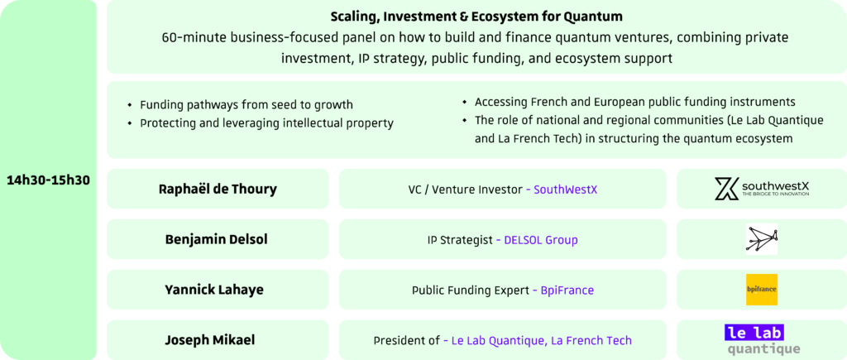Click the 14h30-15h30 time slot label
click(x=48, y=180)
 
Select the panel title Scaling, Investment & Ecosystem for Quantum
click(x=476, y=17)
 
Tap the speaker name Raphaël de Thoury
click(x=218, y=190)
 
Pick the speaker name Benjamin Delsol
click(x=216, y=239)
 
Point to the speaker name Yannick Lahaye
click(x=214, y=290)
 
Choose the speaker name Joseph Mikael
click(x=210, y=340)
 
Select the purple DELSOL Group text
click(x=541, y=240)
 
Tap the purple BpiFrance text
click(x=567, y=290)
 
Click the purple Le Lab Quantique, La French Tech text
click(x=541, y=341)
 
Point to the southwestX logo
click(x=762, y=189)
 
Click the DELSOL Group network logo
click(x=762, y=239)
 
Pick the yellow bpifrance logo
click(x=762, y=289)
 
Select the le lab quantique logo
click(x=762, y=340)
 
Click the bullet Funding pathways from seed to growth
click(x=246, y=105)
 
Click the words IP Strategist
click(x=460, y=240)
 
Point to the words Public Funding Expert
click(x=471, y=290)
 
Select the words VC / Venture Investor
click(x=466, y=190)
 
